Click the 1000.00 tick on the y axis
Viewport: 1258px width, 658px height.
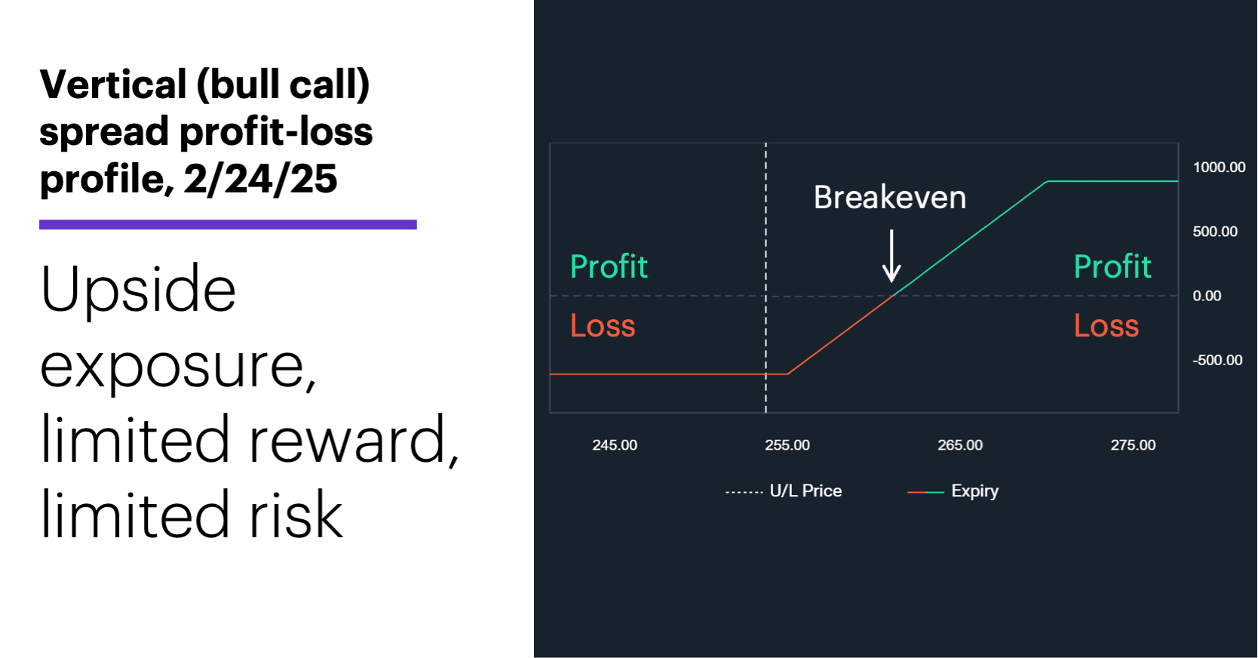tap(1218, 168)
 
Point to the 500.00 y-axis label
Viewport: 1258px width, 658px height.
tap(1214, 232)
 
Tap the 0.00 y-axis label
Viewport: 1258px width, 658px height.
tap(1207, 296)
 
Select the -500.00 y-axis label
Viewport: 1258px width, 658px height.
tap(1217, 360)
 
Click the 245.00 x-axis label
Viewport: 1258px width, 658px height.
tap(614, 445)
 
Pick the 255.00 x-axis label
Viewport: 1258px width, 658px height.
tap(787, 445)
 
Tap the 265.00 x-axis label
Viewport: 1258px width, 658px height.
tap(959, 445)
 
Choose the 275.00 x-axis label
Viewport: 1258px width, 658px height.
tap(1132, 445)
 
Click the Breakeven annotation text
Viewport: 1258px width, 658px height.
tap(889, 198)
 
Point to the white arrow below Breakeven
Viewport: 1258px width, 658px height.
tap(891, 257)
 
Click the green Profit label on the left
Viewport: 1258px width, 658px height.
tap(609, 266)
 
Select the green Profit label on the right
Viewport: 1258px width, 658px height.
tap(1112, 266)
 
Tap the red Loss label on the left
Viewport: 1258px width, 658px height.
tap(602, 326)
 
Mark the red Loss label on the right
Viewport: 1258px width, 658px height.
tap(1106, 326)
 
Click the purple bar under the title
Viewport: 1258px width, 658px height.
tap(228, 224)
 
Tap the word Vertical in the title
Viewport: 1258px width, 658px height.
tap(113, 85)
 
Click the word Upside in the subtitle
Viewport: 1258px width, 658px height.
tap(138, 289)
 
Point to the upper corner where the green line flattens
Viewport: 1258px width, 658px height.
tap(1047, 181)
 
